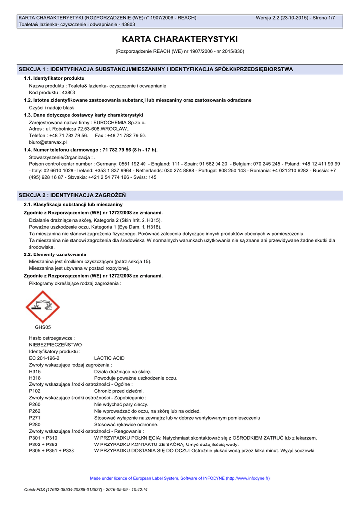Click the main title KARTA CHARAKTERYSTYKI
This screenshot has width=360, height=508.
(x=180, y=39)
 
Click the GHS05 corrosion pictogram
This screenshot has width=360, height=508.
(x=43, y=307)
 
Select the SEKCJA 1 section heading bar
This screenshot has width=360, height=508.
(x=180, y=69)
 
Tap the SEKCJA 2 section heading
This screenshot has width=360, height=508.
(x=72, y=195)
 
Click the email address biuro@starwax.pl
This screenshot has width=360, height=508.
(x=48, y=142)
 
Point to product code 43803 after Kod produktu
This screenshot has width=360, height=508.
(x=69, y=93)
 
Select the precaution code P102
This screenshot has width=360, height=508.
(x=35, y=391)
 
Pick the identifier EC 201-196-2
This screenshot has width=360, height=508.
(x=44, y=358)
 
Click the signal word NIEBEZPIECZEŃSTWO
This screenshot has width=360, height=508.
(x=56, y=344)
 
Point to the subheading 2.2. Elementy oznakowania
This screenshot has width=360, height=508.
(x=55, y=254)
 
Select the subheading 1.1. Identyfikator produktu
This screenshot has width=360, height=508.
(x=54, y=78)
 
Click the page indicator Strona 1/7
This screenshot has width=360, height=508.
(x=324, y=18)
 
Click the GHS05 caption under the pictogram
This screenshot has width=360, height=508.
(x=43, y=327)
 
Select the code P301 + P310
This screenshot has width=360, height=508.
(x=43, y=438)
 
